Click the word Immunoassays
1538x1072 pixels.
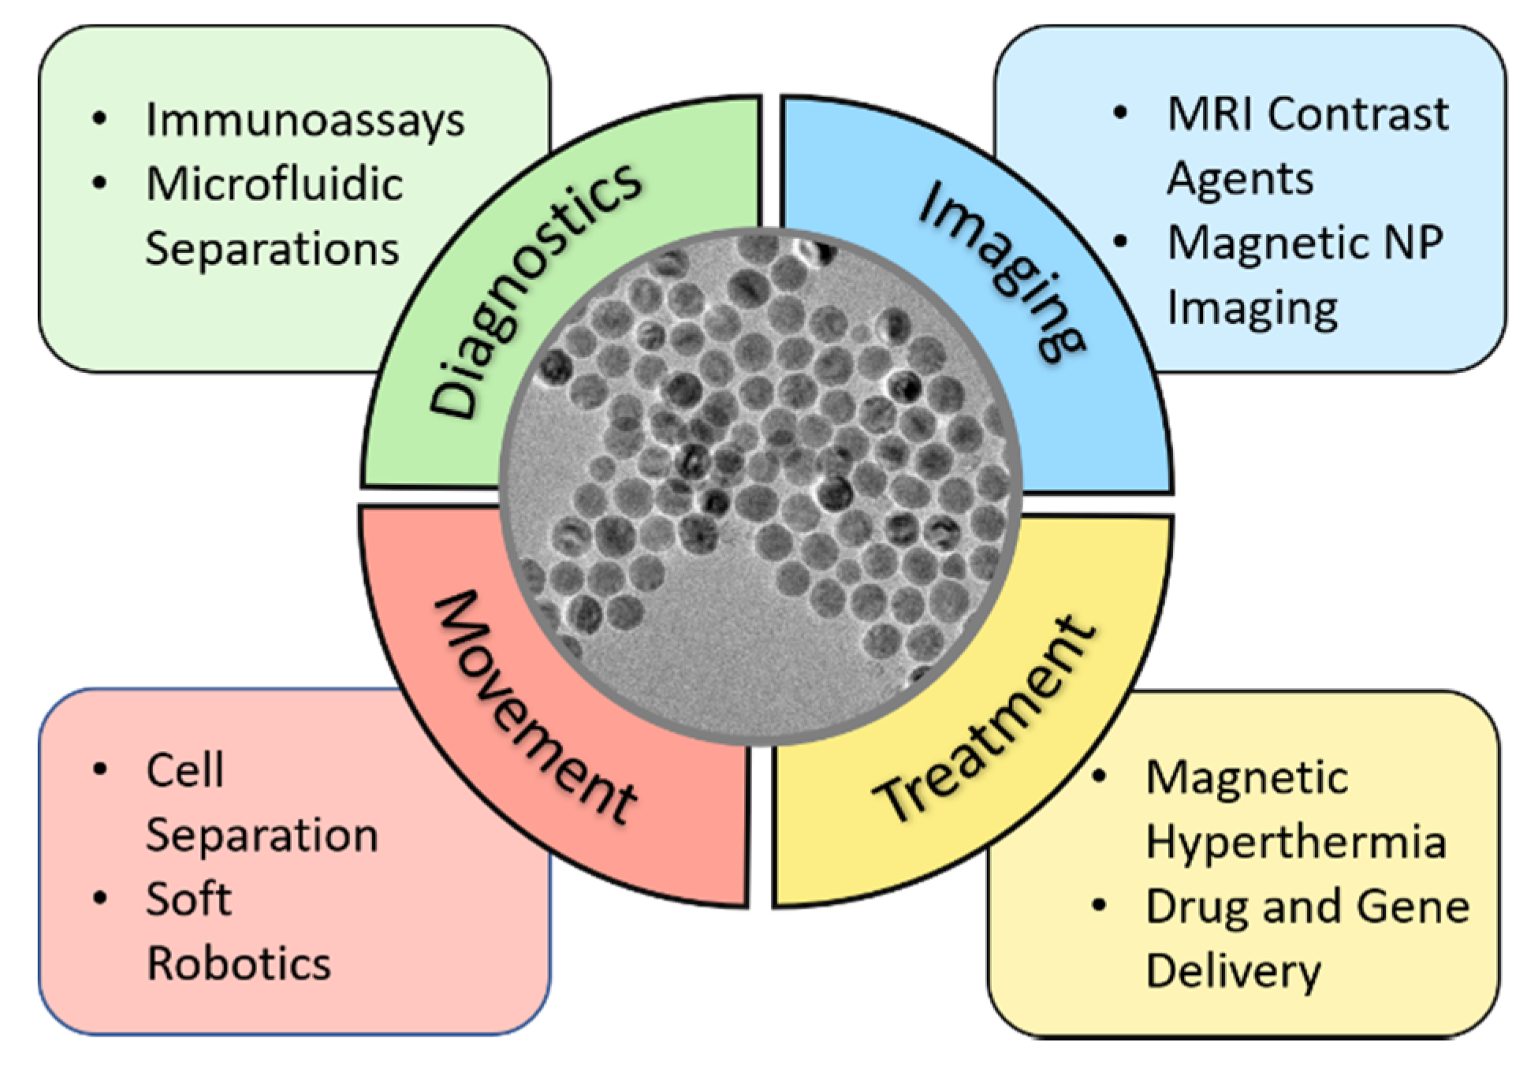(305, 121)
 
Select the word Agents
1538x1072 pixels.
(1240, 178)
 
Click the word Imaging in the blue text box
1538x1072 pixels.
(1252, 307)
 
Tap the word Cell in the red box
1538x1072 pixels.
(185, 770)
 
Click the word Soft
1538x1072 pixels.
(188, 899)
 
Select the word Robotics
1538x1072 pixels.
(239, 963)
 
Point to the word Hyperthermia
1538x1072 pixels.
(1296, 841)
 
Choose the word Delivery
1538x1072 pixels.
(1233, 971)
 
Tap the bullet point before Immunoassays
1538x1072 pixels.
(99, 119)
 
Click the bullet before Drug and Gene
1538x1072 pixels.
(1099, 905)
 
